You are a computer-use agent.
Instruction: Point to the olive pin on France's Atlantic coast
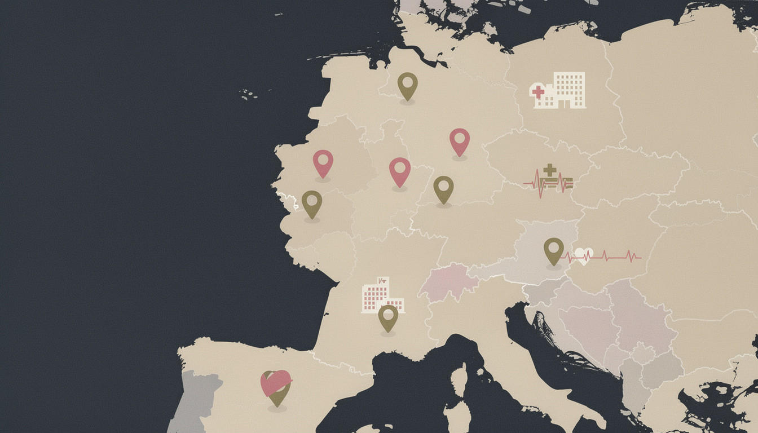(311, 204)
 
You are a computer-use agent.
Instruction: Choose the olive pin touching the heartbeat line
(553, 250)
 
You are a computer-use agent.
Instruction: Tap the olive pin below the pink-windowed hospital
(388, 317)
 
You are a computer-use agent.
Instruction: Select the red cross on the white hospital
(538, 91)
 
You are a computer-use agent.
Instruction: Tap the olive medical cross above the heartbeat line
(549, 170)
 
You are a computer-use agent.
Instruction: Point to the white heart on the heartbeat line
(584, 256)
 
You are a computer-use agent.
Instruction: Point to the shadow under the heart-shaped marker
(277, 408)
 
